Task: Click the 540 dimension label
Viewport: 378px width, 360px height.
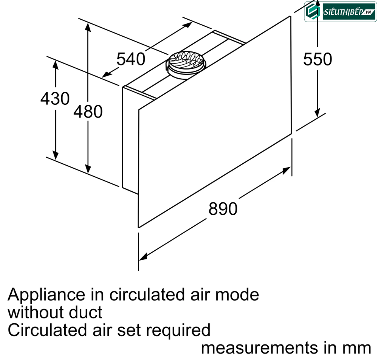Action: coord(131,59)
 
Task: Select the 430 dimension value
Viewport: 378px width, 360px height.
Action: coord(55,99)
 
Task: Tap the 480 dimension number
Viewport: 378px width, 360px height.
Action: coord(88,112)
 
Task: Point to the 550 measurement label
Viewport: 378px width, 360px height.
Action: coord(318,59)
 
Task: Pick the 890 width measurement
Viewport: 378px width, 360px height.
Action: coord(223,209)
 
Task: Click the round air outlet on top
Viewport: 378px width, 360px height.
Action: coord(186,65)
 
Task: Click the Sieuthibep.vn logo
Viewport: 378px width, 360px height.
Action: coord(341,12)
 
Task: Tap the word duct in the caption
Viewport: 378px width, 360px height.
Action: coord(85,312)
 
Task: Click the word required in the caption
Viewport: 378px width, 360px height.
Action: coord(178,331)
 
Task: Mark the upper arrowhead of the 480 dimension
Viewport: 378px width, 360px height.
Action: coord(88,27)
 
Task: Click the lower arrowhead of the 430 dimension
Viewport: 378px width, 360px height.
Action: coord(56,155)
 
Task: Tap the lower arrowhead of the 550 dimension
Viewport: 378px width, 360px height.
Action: coord(317,113)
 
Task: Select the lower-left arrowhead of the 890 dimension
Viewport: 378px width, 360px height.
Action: coord(143,257)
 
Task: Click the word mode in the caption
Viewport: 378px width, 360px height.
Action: coord(237,295)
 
